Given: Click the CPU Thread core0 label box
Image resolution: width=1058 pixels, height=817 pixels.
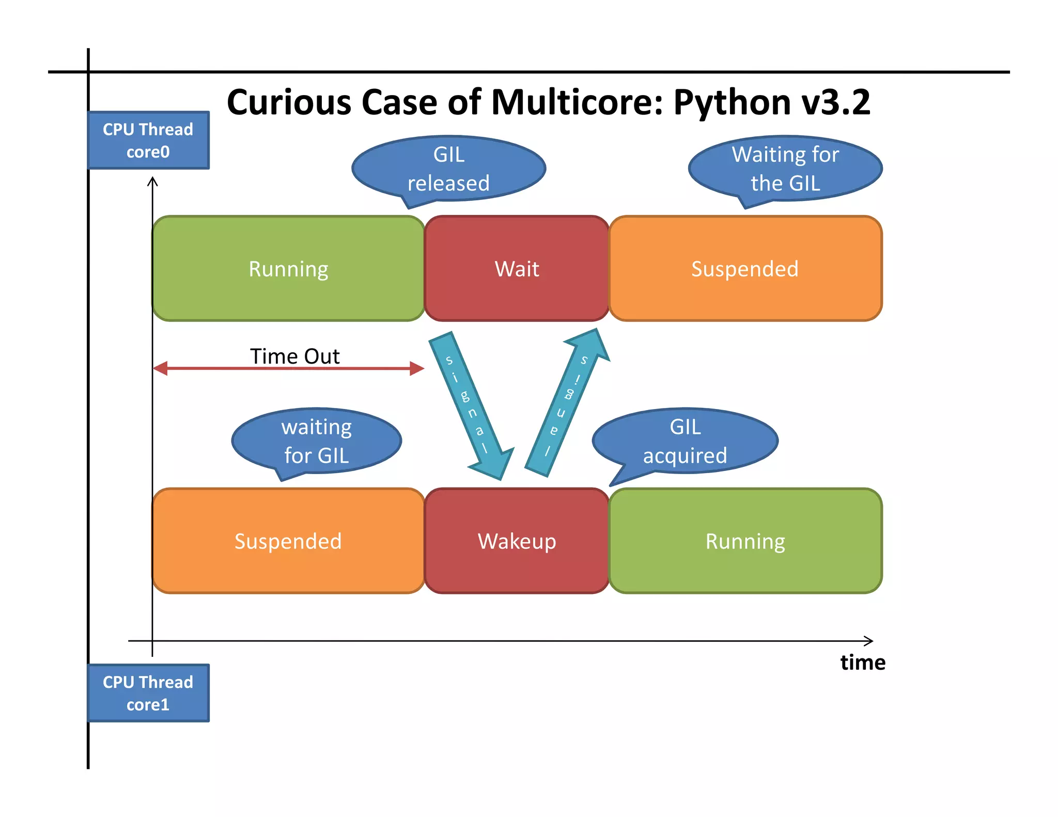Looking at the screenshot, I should [x=148, y=140].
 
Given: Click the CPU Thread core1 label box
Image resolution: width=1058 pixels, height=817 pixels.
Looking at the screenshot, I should [x=148, y=693].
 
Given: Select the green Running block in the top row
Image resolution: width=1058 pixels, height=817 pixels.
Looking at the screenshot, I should [x=288, y=269].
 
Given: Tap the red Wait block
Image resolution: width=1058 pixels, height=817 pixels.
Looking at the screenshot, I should [x=517, y=269].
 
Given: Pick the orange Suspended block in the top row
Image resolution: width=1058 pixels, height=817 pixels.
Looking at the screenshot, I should [x=745, y=269].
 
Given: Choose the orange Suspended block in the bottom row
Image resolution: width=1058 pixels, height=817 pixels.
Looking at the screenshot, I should [x=288, y=541].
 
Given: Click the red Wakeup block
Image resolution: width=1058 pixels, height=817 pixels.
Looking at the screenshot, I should [x=517, y=541].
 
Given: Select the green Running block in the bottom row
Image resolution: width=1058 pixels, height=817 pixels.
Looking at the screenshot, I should [x=745, y=541].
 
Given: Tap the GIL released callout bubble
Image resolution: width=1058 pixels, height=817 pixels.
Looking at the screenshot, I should [x=448, y=168].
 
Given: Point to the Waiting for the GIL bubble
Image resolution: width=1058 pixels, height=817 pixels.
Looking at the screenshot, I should [x=785, y=168].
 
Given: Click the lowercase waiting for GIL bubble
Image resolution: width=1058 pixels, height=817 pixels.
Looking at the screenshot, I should [x=317, y=441].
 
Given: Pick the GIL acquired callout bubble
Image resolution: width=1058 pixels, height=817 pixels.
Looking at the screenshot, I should [x=685, y=441].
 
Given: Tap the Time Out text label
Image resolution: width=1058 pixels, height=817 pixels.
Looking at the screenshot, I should [x=294, y=356].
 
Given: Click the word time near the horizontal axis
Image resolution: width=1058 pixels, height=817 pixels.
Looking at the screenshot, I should [x=862, y=662].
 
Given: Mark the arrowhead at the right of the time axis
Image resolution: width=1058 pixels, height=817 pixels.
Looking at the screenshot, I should [x=869, y=641].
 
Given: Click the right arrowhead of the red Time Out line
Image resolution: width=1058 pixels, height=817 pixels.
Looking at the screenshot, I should [x=417, y=368].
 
